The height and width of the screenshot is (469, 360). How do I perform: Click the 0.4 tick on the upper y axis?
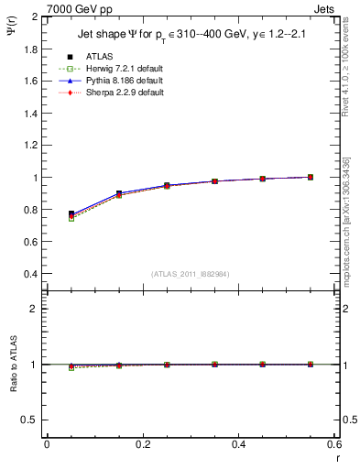[x=31, y=274]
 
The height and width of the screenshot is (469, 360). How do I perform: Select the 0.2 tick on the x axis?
[x=142, y=444]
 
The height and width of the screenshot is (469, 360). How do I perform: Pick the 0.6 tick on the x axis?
[x=333, y=444]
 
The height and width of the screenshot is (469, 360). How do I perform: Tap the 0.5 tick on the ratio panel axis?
[x=31, y=420]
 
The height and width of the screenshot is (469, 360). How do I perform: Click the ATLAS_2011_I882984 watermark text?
[x=191, y=275]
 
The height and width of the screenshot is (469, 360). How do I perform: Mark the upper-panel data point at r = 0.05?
[x=71, y=213]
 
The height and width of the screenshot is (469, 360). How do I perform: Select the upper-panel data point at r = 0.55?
[x=311, y=177]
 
